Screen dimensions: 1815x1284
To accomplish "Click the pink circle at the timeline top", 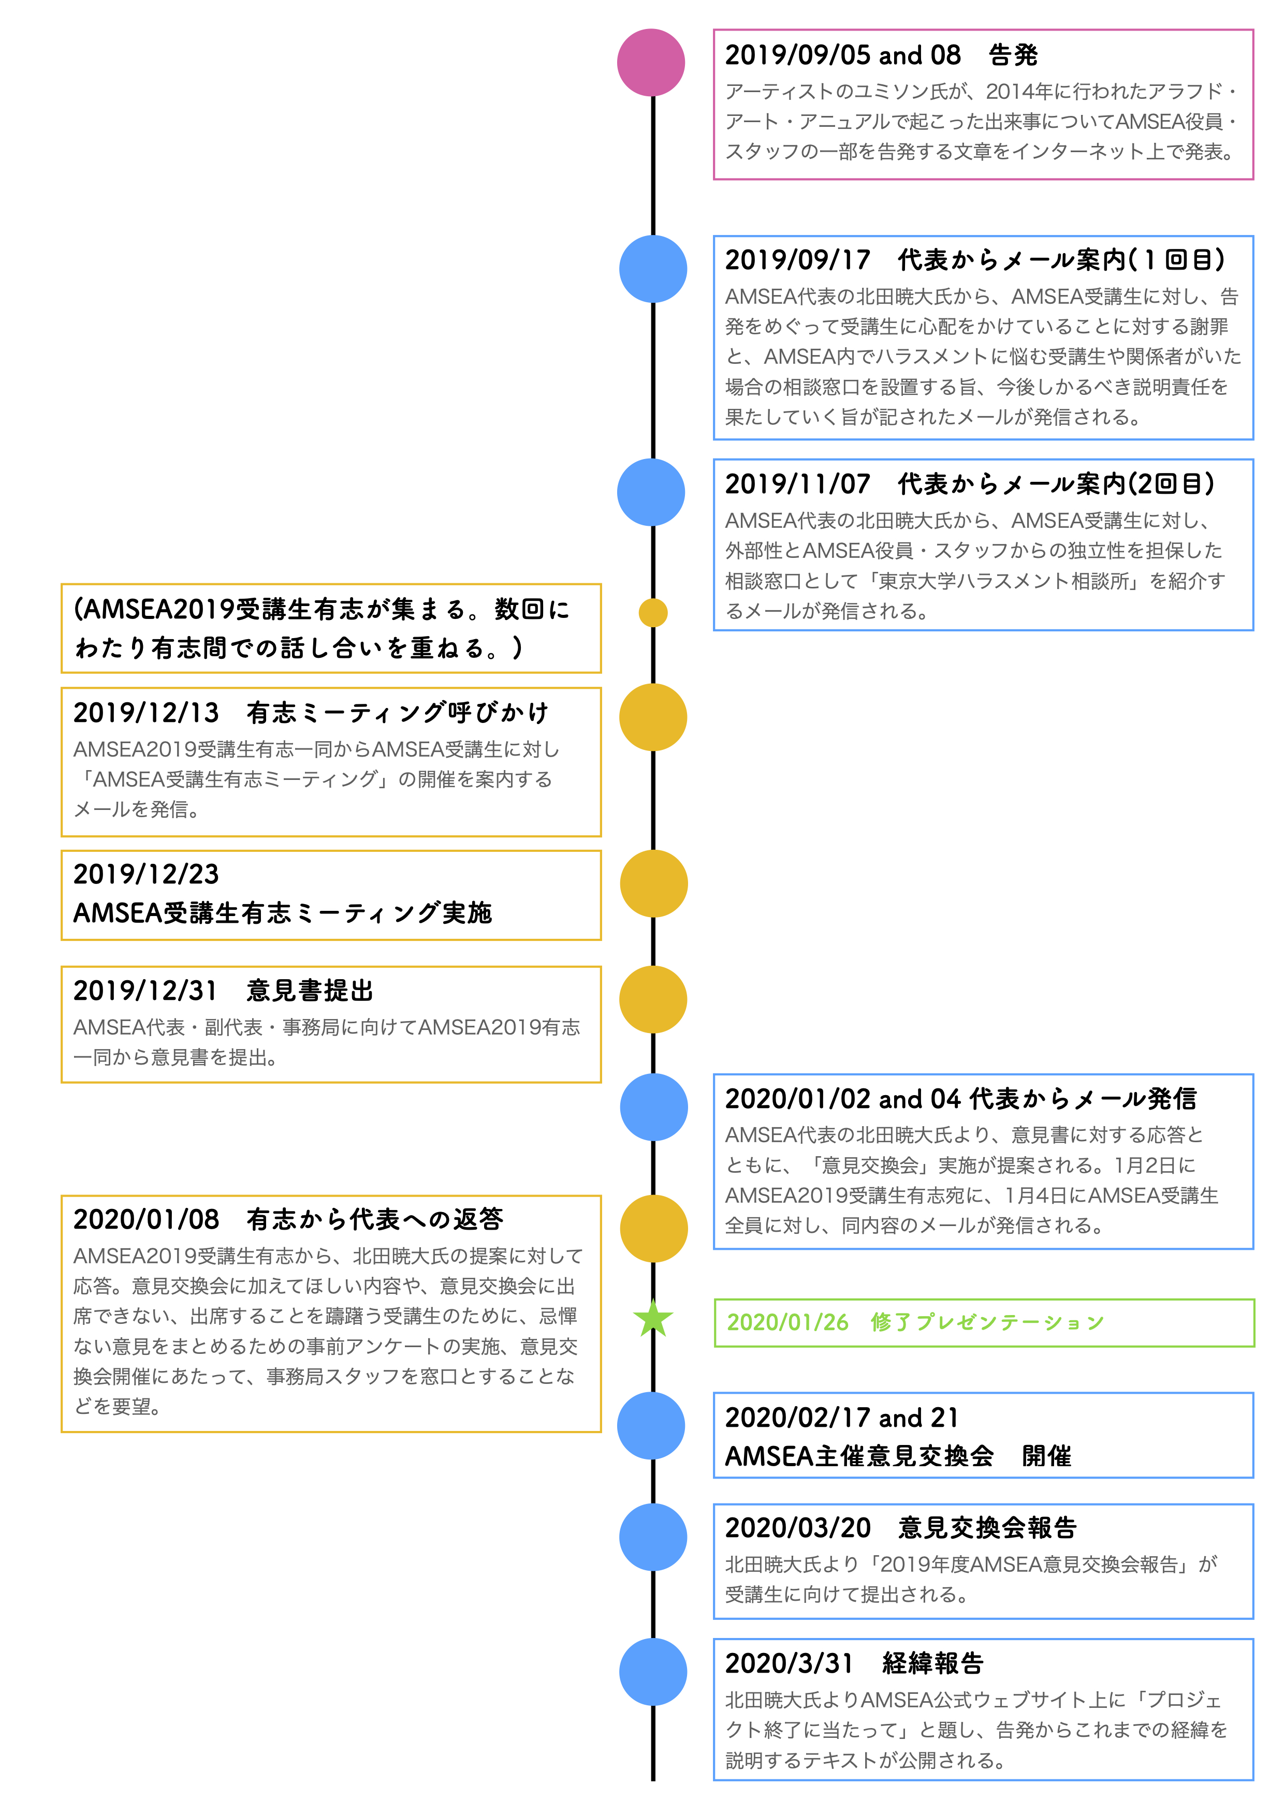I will point(651,63).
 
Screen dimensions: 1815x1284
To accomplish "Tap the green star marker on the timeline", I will point(653,1319).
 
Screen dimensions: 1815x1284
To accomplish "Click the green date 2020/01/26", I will point(787,1322).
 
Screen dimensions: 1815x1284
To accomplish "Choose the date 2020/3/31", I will point(789,1663).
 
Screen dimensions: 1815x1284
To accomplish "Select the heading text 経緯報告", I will point(933,1663).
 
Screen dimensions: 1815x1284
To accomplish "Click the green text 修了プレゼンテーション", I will point(987,1322).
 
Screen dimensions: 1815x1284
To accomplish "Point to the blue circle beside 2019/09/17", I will point(652,269).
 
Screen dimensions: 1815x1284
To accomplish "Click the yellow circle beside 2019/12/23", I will point(653,884).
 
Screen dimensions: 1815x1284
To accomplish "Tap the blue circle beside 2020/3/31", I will point(652,1672).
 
